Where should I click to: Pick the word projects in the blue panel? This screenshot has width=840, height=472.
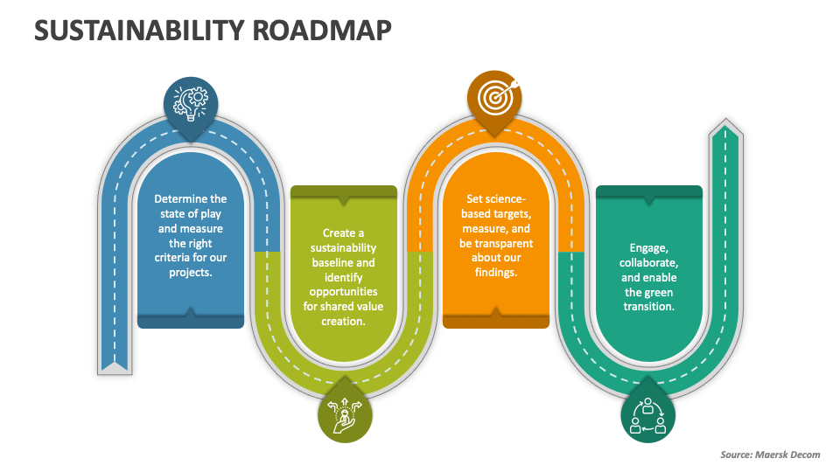(191, 272)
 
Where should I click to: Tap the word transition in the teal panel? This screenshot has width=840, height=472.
(648, 307)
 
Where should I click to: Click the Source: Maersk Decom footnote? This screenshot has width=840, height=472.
(769, 454)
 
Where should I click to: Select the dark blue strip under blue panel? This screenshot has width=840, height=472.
(191, 321)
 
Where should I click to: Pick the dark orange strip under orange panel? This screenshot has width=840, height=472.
(495, 321)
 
